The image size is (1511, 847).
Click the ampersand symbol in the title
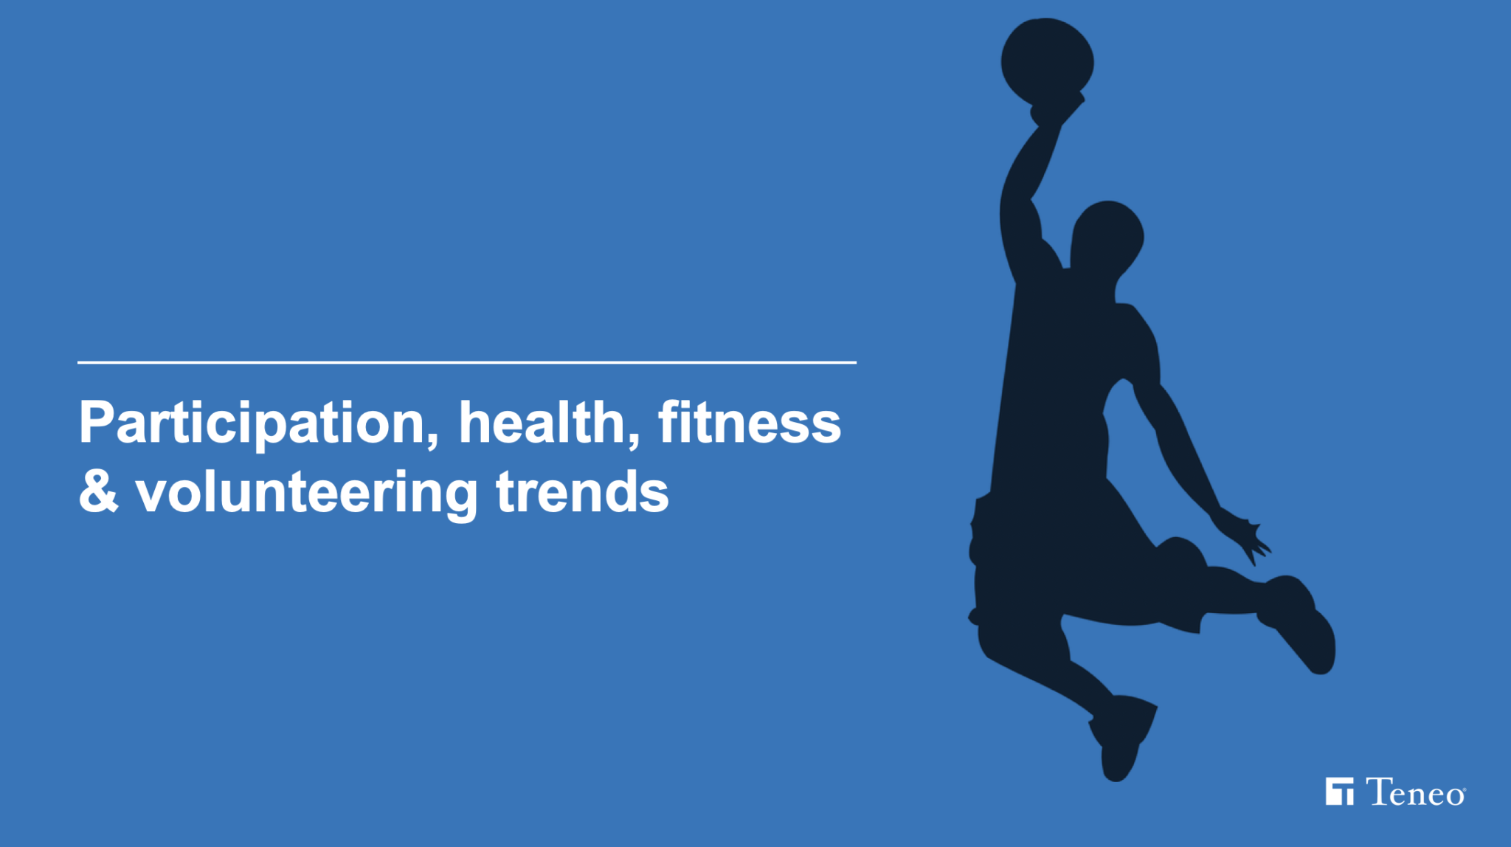pyautogui.click(x=99, y=491)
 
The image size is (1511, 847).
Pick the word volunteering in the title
pyautogui.click(x=307, y=494)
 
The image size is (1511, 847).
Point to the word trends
pyautogui.click(x=582, y=491)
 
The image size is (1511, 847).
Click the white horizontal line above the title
pyautogui.click(x=467, y=362)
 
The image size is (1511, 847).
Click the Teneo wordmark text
pyautogui.click(x=1415, y=792)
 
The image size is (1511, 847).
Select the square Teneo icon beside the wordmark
pyautogui.click(x=1339, y=792)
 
